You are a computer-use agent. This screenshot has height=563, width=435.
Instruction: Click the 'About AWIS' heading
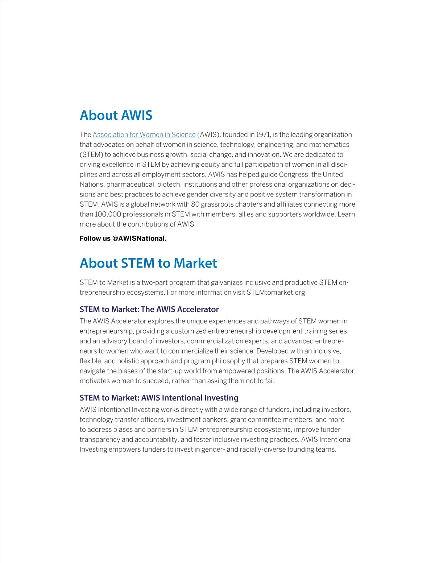[x=116, y=115]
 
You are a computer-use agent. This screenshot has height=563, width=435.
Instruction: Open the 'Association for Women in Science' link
[x=144, y=135]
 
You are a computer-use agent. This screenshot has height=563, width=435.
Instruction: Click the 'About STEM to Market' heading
[x=148, y=263]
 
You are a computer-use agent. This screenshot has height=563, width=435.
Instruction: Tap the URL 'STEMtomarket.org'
[x=275, y=293]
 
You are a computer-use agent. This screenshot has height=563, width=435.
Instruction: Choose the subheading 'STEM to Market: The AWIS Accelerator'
[x=149, y=309]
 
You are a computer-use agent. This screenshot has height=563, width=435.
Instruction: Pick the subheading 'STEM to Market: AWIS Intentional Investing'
[x=159, y=398]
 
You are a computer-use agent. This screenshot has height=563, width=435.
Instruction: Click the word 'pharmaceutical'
[x=130, y=185]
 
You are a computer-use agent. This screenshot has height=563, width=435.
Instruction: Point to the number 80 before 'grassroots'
[x=195, y=204]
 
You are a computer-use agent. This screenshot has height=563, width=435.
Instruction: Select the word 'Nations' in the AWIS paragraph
[x=91, y=185]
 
